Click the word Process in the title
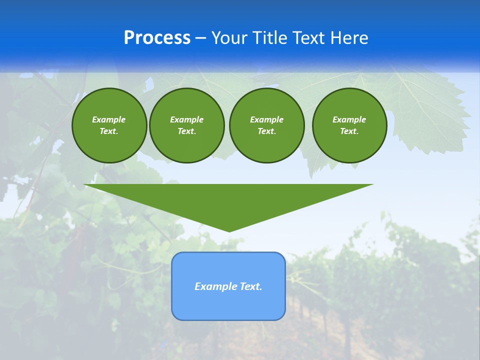pyautogui.click(x=157, y=38)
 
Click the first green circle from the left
pyautogui.click(x=109, y=125)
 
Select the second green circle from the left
pyautogui.click(x=186, y=125)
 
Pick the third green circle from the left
pyautogui.click(x=266, y=125)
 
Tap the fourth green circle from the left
pyautogui.click(x=349, y=125)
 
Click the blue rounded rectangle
pyautogui.click(x=228, y=286)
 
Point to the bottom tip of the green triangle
pyautogui.click(x=229, y=231)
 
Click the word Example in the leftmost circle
pyautogui.click(x=109, y=119)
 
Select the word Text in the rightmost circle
pyautogui.click(x=349, y=131)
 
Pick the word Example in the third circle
pyautogui.click(x=266, y=119)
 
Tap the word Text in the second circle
pyautogui.click(x=186, y=131)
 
